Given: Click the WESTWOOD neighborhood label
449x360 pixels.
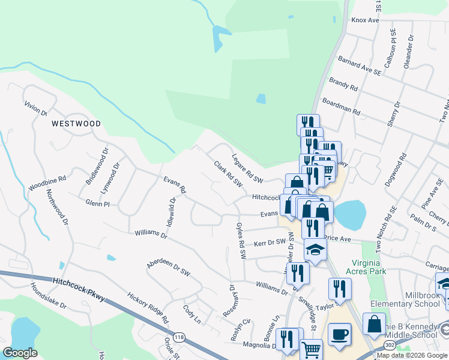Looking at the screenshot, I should pyautogui.click(x=76, y=124).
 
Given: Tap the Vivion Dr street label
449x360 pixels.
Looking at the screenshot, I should pyautogui.click(x=35, y=108).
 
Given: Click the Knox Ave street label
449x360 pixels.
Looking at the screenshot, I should pyautogui.click(x=366, y=20).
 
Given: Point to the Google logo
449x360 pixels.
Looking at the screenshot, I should pyautogui.click(x=20, y=353).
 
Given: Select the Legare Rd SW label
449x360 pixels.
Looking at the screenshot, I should pyautogui.click(x=247, y=170).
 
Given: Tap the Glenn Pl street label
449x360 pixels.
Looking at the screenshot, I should pyautogui.click(x=97, y=204).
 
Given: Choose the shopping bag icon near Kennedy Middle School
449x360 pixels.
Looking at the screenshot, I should pyautogui.click(x=374, y=325).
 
